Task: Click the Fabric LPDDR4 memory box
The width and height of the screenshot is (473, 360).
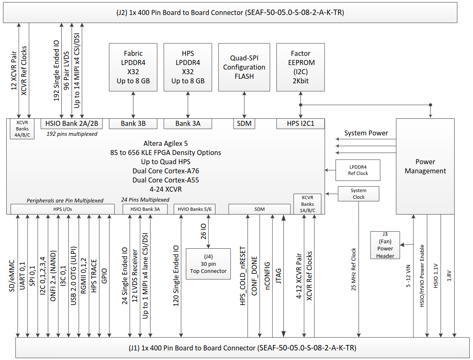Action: (x=133, y=67)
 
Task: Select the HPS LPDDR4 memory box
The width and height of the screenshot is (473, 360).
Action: (x=188, y=67)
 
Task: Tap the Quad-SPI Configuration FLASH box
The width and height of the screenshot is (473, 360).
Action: (x=244, y=67)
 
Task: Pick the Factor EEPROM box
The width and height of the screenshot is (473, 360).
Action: (x=300, y=67)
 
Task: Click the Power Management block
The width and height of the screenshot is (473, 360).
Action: (x=425, y=166)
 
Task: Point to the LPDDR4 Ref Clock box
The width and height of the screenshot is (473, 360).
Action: (x=358, y=170)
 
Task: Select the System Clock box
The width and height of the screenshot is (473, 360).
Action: (x=358, y=194)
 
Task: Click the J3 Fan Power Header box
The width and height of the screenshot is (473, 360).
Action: (x=385, y=245)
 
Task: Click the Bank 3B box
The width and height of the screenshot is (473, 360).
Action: (x=133, y=124)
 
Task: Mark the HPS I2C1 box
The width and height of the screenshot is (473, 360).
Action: (x=300, y=124)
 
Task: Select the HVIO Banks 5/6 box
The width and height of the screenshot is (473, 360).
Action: (x=195, y=209)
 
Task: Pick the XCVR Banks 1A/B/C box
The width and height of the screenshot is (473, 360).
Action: (x=308, y=204)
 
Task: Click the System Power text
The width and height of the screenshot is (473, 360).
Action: (x=366, y=133)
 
